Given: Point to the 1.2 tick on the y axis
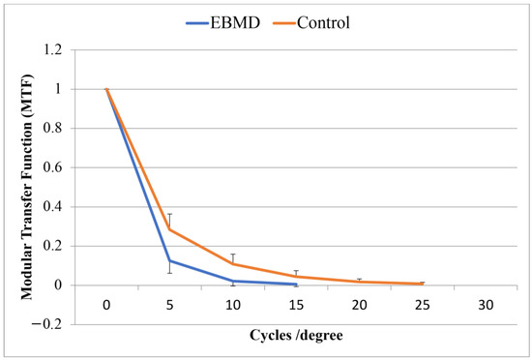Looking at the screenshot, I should (x=66, y=49).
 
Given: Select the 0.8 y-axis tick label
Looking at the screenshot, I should (x=66, y=128).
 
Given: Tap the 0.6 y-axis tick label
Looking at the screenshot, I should (x=66, y=167).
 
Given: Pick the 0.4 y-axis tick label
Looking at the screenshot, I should (x=66, y=207).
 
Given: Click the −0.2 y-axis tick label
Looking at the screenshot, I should (x=61, y=324).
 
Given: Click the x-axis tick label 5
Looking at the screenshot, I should (x=170, y=305).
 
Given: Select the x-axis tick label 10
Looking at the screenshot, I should (x=233, y=305).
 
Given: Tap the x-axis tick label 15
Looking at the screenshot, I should (x=296, y=305).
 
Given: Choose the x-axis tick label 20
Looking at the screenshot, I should (x=359, y=305).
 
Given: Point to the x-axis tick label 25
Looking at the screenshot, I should (x=422, y=305).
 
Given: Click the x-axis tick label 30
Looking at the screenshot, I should (x=486, y=305).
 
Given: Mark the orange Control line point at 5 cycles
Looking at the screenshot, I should (x=170, y=229).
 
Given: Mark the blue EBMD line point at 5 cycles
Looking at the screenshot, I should (x=170, y=260).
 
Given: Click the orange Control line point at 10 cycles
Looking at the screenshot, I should (x=233, y=263).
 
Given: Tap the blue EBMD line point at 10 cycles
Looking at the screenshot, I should (x=233, y=282).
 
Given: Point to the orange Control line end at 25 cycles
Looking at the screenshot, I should (x=422, y=284).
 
